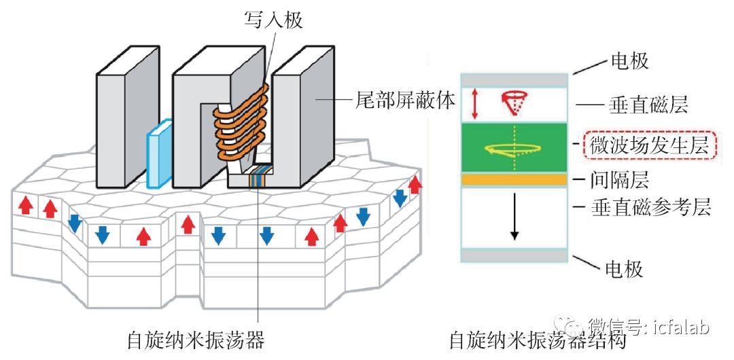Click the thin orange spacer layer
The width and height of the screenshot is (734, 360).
click(x=514, y=179)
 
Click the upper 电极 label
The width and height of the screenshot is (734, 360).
click(x=629, y=61)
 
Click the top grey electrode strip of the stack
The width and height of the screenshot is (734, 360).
click(x=514, y=79)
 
